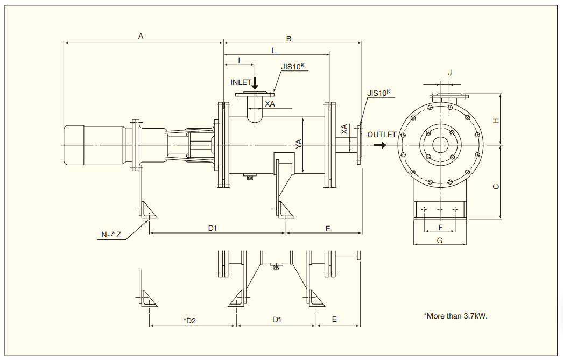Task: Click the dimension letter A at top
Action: pyautogui.click(x=141, y=36)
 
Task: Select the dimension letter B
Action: pyautogui.click(x=288, y=39)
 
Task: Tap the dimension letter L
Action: pyautogui.click(x=273, y=51)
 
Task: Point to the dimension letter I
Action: pyautogui.click(x=238, y=60)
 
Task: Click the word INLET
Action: pyautogui.click(x=241, y=82)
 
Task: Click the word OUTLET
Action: pyautogui.click(x=382, y=135)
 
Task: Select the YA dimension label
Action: pyautogui.click(x=299, y=144)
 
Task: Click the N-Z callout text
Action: pyautogui.click(x=111, y=234)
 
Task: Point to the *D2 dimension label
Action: pyautogui.click(x=189, y=321)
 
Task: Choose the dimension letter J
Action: pyautogui.click(x=449, y=73)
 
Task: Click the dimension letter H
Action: pyautogui.click(x=496, y=121)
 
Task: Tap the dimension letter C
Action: pyautogui.click(x=496, y=186)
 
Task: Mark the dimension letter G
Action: pyautogui.click(x=440, y=241)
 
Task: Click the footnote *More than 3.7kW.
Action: pyautogui.click(x=455, y=316)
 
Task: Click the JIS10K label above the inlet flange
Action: pyautogui.click(x=293, y=67)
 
